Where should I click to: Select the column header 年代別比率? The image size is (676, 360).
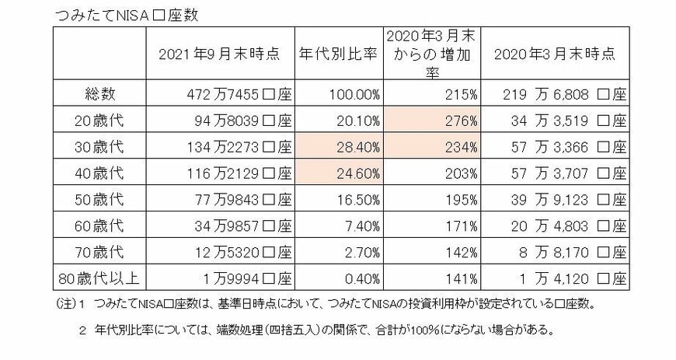coord(339,54)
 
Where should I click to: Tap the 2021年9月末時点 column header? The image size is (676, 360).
coord(220,54)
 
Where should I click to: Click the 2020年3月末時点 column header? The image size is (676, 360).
coord(555,54)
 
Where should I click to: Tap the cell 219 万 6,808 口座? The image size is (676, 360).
coord(556,94)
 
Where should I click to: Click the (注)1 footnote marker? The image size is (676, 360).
coord(71,304)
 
